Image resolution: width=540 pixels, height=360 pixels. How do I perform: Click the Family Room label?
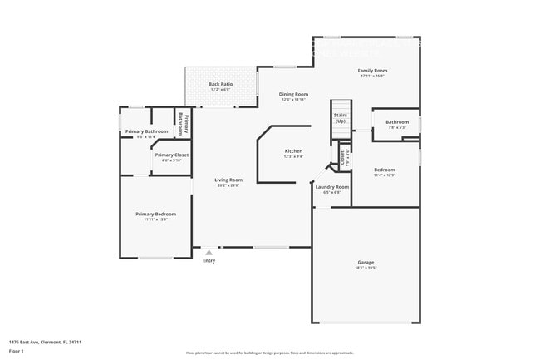pos(372,71)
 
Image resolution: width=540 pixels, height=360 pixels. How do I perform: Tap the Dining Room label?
pos(293,94)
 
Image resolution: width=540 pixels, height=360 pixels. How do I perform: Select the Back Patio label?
pos(220,85)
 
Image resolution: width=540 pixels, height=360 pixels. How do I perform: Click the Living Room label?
pos(228,180)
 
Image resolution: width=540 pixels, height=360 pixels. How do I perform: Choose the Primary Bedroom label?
pos(155,214)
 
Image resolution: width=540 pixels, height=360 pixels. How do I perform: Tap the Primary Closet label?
pos(169,155)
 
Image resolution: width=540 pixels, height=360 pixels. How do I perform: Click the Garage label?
pos(366,262)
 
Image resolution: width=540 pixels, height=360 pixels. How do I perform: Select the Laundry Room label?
pos(331,187)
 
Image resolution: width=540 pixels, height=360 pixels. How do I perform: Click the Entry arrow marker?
pos(209,252)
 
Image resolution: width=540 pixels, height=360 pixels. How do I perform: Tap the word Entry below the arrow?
pos(209,261)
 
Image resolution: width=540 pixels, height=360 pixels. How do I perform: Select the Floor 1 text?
pos(16,351)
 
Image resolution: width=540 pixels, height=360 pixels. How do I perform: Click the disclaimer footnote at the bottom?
pos(269,353)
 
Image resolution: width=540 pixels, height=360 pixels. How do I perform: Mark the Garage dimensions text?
pos(366,268)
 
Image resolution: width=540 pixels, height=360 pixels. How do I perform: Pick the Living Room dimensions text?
pos(228,185)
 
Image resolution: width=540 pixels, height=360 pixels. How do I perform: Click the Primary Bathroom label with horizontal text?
pos(146,131)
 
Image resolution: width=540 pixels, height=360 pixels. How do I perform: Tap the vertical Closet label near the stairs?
pos(342,155)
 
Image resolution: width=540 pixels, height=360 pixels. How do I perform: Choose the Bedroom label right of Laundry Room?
pos(384,170)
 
